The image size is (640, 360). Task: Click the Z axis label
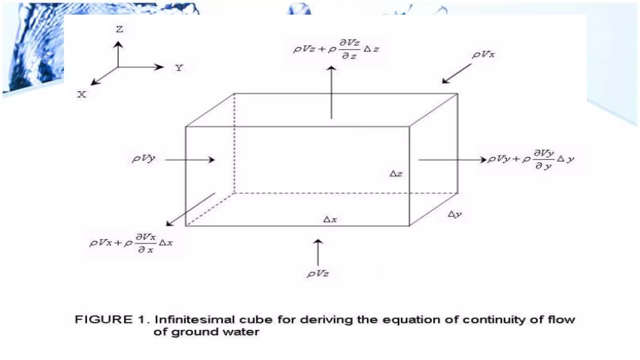coord(119,29)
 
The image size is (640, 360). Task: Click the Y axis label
coord(179,68)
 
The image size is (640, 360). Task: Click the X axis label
coord(82,94)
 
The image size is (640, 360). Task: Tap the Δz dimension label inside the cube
coord(396,174)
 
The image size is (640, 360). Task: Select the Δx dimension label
coord(330,219)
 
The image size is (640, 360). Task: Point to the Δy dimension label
coord(454,214)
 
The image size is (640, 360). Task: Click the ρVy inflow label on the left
coord(144,158)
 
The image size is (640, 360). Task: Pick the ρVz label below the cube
coord(318,274)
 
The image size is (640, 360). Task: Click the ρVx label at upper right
coord(483,55)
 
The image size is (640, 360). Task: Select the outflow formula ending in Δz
coord(336,49)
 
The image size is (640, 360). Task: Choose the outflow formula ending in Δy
coord(531,160)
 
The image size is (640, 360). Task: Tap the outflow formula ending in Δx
coord(131,243)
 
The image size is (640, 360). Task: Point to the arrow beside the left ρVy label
coord(190,160)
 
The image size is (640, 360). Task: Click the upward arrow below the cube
coord(318,252)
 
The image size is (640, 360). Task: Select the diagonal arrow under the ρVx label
coord(456,74)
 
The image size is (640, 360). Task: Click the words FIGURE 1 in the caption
coord(110,320)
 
